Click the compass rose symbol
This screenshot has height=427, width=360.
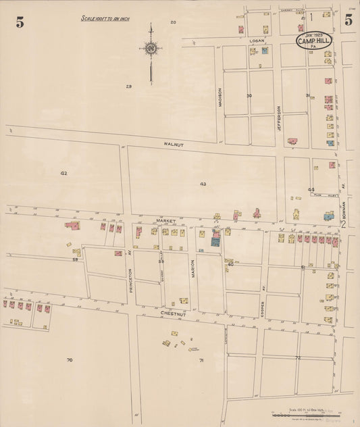coord(151,49)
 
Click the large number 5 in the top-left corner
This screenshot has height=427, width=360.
coord(20,22)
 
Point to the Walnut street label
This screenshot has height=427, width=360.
coord(173,145)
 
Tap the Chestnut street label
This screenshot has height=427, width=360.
coord(173,314)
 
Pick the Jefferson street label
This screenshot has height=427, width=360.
coord(278,117)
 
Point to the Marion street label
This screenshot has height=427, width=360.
coord(192,268)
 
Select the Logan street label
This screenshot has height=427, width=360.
coord(255,41)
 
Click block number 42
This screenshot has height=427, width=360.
coord(63,174)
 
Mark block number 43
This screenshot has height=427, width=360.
coord(203,184)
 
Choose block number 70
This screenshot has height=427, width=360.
coord(69,360)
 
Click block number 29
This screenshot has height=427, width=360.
coord(128,86)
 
